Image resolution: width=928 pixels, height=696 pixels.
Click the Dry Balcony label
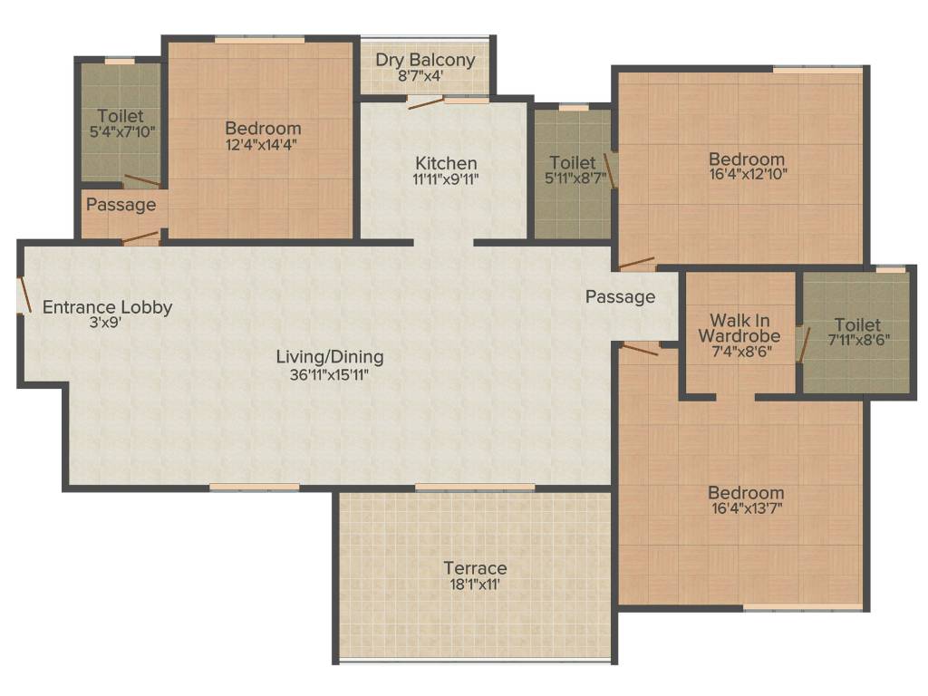tap(425, 61)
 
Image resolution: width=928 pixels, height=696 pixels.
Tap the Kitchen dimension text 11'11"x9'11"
tap(444, 179)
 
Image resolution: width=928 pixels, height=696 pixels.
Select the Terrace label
tap(475, 568)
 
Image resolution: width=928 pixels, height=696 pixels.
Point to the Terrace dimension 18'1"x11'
tap(475, 585)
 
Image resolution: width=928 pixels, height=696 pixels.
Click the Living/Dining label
tap(330, 356)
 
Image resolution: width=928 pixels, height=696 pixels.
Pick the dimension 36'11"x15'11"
tap(330, 373)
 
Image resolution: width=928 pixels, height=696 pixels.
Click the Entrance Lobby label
tap(107, 307)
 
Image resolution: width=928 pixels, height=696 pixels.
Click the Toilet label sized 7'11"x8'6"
tap(857, 324)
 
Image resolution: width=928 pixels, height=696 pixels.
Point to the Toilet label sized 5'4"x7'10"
tap(121, 116)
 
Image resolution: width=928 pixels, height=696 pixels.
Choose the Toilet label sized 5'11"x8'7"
tap(573, 163)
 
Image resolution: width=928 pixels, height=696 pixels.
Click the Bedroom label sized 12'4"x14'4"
tap(263, 129)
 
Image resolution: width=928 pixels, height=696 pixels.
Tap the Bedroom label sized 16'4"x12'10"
tap(747, 159)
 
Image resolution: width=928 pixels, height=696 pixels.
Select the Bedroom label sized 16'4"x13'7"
tap(746, 493)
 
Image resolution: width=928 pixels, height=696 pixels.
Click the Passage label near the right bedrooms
tap(620, 297)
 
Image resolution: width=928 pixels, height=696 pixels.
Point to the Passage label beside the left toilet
tap(121, 205)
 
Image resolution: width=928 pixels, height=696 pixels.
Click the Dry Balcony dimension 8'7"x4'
tap(425, 78)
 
